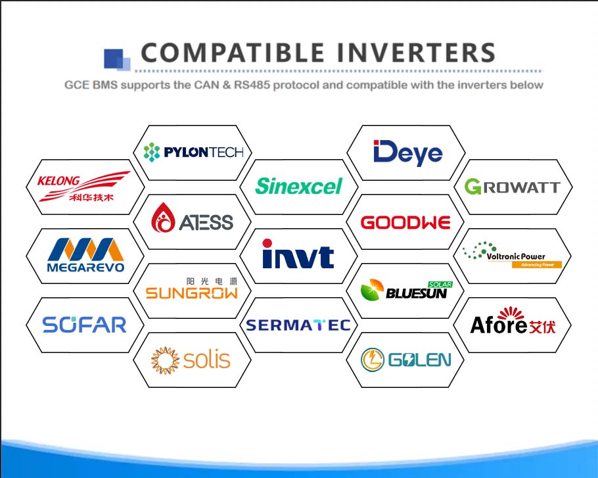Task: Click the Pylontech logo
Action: click(x=193, y=153)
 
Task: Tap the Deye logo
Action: click(x=407, y=153)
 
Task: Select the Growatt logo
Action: click(x=513, y=187)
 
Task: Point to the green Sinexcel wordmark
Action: click(x=298, y=186)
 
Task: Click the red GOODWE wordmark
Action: click(x=405, y=222)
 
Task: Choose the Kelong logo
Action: click(x=83, y=186)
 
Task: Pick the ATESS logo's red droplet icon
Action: click(x=163, y=217)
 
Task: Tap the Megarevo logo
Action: click(x=85, y=255)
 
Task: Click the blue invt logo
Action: click(x=298, y=254)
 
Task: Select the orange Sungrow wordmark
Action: click(x=192, y=293)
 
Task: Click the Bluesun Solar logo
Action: click(x=407, y=291)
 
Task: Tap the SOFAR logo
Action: click(x=84, y=325)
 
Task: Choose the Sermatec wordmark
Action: click(x=298, y=325)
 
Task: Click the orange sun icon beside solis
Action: click(x=165, y=360)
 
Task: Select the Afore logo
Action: click(x=513, y=322)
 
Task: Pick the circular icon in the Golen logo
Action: click(x=372, y=360)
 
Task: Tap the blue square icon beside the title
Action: click(x=117, y=60)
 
